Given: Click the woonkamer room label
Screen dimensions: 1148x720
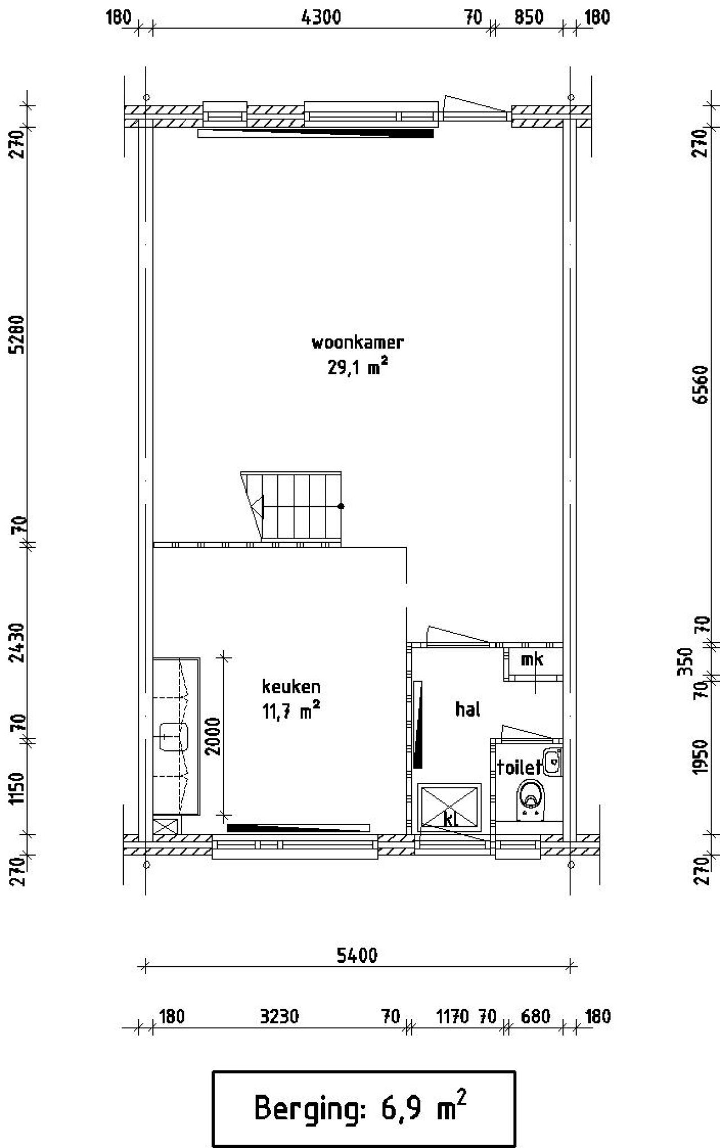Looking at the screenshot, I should [358, 342].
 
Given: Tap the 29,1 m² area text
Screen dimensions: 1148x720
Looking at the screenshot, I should [358, 368].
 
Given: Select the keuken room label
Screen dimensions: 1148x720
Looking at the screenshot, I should [291, 687].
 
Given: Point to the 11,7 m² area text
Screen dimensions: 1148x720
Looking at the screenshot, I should [291, 712].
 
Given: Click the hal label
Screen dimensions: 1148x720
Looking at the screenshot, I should [467, 709].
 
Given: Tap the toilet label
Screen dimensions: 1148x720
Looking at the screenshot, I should [518, 767].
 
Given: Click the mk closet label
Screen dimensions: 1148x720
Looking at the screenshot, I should [531, 660].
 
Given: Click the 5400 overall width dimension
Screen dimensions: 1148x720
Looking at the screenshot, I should [357, 956].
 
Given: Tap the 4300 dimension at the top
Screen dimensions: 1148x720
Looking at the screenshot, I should [321, 17].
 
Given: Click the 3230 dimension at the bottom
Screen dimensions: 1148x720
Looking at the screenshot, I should [279, 1017].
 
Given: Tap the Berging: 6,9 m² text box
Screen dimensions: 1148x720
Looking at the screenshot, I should [363, 1108].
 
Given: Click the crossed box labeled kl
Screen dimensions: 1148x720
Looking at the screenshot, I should [449, 807].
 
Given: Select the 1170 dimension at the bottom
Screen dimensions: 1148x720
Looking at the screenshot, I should [452, 1017].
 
